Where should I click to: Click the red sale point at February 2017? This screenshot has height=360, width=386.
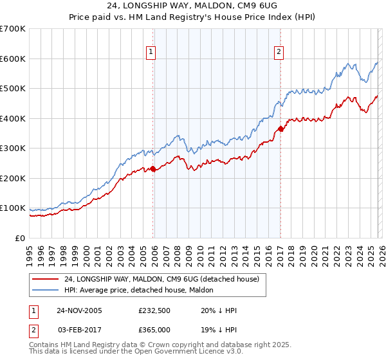tap(280, 129)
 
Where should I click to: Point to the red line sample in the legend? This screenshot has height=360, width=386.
tap(45, 279)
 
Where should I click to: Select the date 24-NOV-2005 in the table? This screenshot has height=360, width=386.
tap(79, 309)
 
